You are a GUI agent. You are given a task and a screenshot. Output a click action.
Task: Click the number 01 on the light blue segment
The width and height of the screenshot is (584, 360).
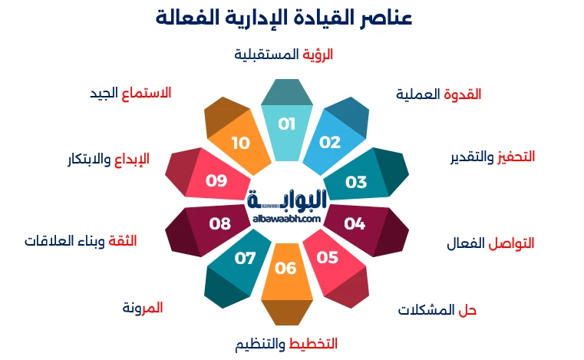point(286,124)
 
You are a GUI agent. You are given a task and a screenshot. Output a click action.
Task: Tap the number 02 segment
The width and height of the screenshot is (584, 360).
point(330,143)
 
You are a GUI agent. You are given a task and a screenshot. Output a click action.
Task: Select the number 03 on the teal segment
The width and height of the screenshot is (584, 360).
point(356,182)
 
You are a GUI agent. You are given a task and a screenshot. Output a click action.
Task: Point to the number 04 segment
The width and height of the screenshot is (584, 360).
point(355,224)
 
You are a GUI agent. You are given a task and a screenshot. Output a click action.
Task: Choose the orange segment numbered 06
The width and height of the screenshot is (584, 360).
point(285,269)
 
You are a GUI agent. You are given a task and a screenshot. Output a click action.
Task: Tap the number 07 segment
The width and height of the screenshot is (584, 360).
point(245,258)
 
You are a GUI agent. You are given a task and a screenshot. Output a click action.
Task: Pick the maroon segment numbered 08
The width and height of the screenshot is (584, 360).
point(220,224)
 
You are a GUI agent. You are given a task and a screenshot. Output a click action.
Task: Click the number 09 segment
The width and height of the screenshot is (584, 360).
point(217,181)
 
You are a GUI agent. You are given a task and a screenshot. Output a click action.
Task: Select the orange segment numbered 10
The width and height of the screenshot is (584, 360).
point(241,143)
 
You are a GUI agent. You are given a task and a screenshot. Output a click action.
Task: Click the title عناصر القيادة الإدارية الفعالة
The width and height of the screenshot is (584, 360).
point(285,18)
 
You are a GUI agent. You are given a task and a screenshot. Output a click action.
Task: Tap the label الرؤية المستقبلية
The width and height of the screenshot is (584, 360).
point(283,54)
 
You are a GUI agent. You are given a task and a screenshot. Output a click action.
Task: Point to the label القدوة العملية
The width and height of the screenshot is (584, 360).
point(438,94)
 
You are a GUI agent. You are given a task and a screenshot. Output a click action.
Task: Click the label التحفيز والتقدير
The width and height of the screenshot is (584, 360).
point(492,157)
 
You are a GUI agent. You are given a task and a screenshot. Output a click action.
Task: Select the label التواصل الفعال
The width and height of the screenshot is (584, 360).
point(490,244)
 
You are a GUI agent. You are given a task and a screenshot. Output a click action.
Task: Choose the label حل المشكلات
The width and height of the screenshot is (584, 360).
point(437,310)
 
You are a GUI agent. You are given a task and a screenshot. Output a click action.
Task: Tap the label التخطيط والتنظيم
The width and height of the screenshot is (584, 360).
point(286,343)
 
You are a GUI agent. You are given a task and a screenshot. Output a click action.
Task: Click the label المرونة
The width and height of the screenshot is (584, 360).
point(143,308)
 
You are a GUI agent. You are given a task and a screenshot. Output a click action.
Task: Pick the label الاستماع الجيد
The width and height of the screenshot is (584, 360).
point(130,93)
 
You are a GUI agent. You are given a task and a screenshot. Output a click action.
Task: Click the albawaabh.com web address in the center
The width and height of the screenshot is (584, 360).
point(286,219)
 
